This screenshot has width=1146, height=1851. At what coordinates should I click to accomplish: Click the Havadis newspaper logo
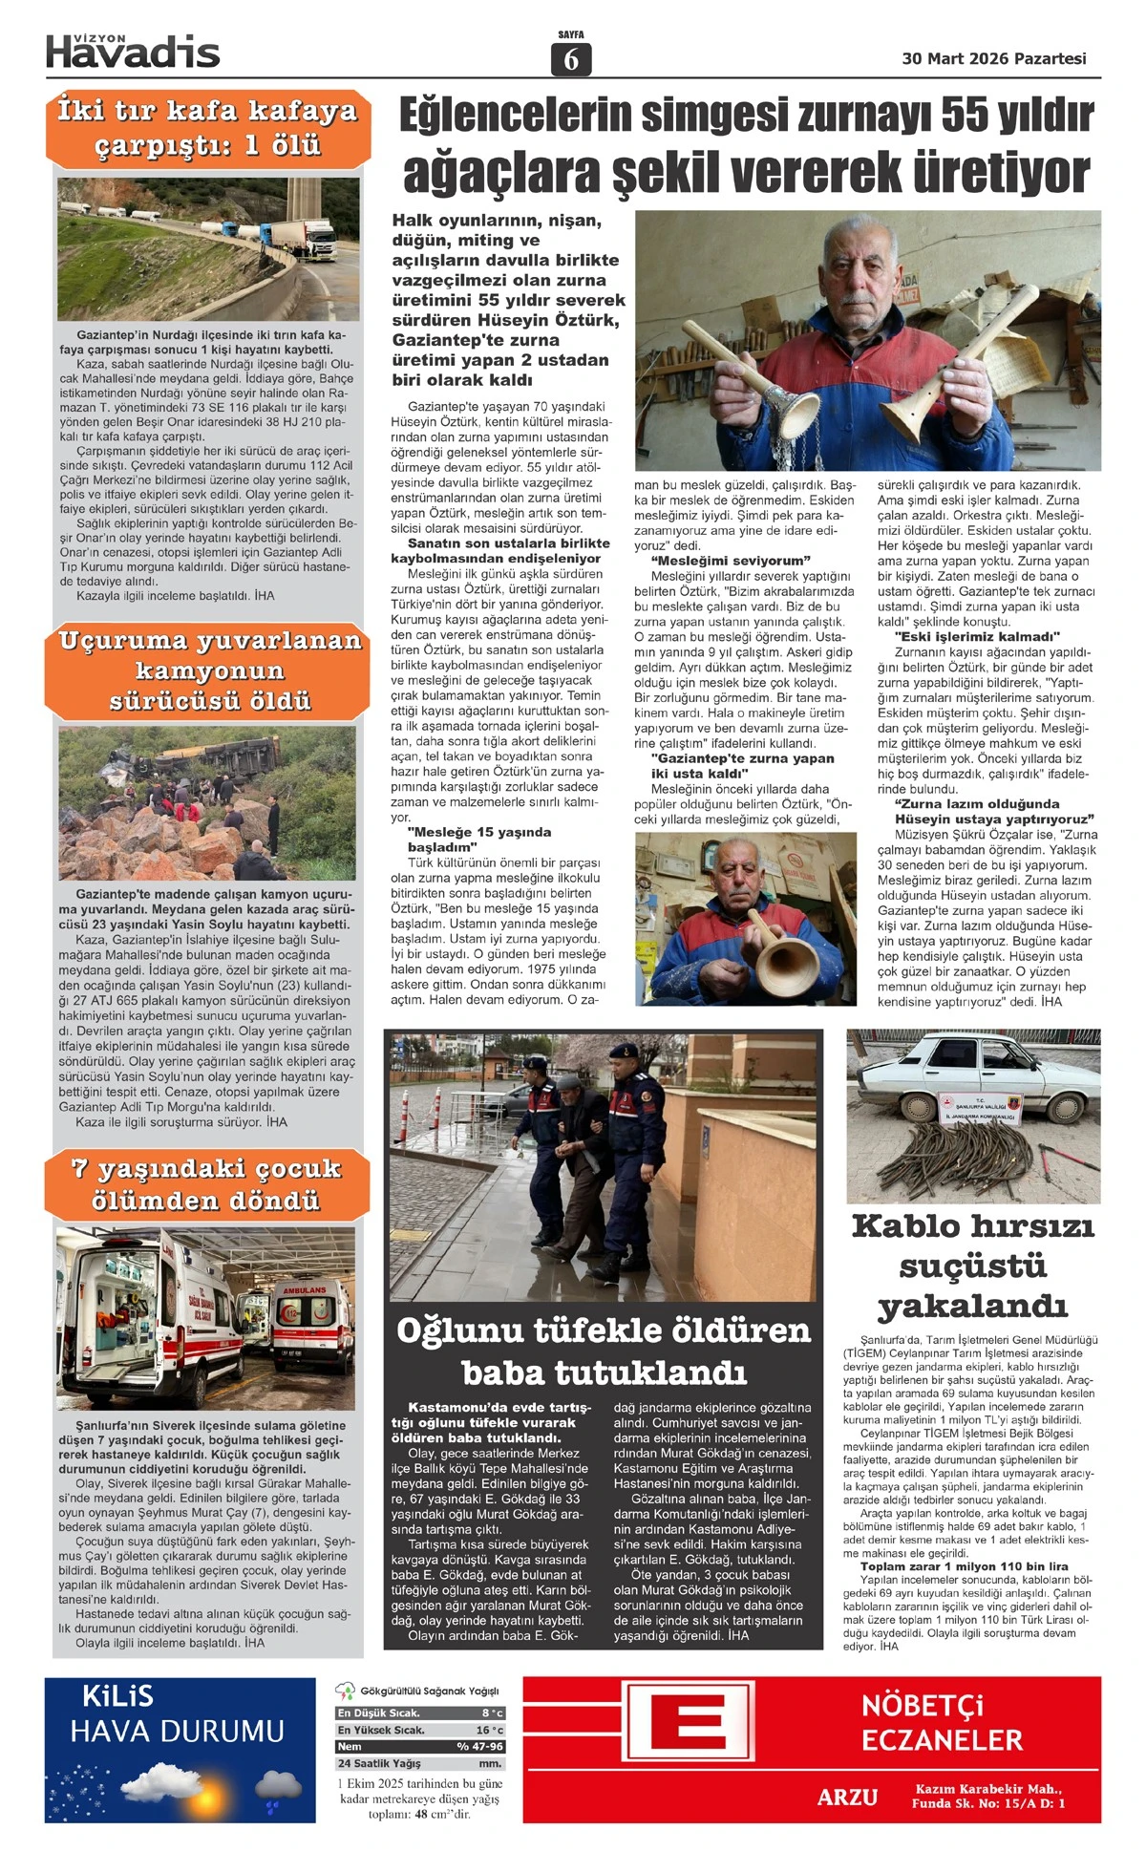(x=133, y=52)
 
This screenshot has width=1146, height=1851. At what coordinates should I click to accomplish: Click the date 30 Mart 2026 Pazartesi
(x=993, y=59)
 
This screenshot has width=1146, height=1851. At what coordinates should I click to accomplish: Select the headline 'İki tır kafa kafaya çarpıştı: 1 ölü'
(x=207, y=128)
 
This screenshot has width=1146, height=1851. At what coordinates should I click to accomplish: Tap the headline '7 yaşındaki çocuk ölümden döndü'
(x=207, y=1184)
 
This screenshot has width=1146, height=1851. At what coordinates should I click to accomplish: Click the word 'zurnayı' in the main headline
(x=865, y=116)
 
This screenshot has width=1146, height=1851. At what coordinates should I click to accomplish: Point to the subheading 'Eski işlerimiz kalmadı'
(x=977, y=637)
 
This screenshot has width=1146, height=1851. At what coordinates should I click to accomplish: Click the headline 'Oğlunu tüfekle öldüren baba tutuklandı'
(x=603, y=1351)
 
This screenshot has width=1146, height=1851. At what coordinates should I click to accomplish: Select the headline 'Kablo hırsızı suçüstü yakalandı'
(x=972, y=1266)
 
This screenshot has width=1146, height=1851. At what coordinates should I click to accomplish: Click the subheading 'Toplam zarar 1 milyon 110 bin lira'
(x=964, y=1566)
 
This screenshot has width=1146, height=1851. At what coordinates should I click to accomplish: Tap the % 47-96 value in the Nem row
(x=479, y=1746)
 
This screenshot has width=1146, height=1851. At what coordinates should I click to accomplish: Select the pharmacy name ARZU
(x=847, y=1797)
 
